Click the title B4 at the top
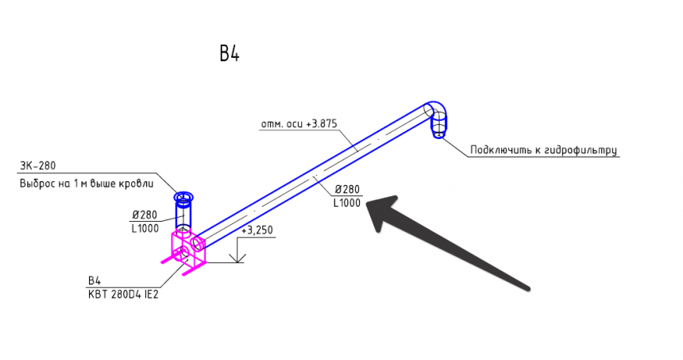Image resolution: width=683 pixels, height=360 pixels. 230,54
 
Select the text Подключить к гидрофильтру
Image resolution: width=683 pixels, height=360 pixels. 543,149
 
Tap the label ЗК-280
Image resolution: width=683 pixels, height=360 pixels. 37,166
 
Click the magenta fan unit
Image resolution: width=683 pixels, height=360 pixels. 189,250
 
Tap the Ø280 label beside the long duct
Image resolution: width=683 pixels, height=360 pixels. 347,190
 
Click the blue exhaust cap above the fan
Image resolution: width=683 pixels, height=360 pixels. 184,197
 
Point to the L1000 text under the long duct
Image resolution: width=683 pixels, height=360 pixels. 347,203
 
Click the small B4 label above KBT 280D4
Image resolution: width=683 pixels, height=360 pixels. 95,280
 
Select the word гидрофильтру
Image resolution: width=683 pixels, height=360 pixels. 581,149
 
